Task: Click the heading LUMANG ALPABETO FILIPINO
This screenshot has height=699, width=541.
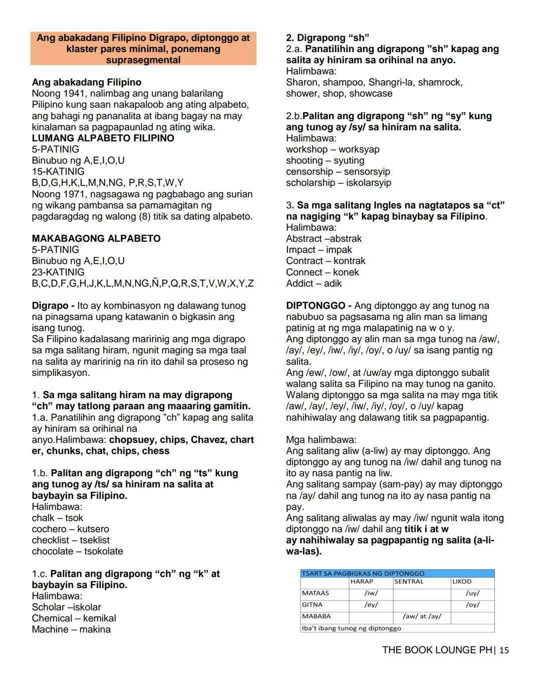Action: [x=103, y=138]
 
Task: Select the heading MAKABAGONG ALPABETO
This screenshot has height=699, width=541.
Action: [x=96, y=239]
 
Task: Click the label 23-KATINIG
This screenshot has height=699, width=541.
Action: [x=58, y=272]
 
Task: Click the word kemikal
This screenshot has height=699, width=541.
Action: [x=100, y=618]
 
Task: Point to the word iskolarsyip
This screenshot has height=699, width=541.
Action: [x=369, y=183]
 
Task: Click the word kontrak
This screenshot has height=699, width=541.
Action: [x=350, y=261]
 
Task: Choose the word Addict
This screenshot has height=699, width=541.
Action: [x=300, y=284]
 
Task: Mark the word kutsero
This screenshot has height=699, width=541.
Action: [x=93, y=529]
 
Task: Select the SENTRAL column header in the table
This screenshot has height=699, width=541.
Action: [x=409, y=582]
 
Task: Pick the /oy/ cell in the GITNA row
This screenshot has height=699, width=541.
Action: [x=472, y=605]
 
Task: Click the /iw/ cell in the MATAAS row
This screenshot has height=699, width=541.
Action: [x=371, y=593]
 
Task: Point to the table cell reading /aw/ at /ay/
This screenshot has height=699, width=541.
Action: [x=422, y=616]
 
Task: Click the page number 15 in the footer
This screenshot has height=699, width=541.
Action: [x=504, y=650]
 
